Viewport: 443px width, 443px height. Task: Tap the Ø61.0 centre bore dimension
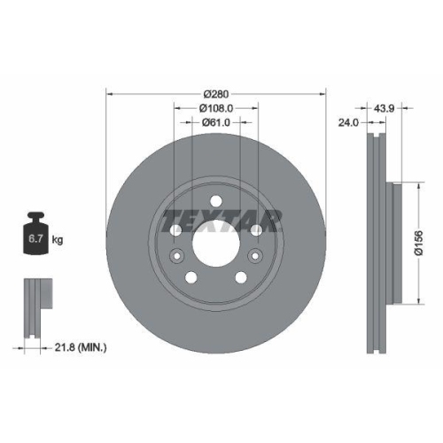[x=216, y=122]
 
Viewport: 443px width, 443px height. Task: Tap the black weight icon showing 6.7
[x=37, y=234]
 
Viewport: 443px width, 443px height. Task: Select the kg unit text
[x=58, y=239]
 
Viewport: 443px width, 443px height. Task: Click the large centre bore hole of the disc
[x=216, y=243]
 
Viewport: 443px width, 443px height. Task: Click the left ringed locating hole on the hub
[x=176, y=256]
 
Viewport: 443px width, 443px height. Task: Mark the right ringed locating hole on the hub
[x=256, y=256]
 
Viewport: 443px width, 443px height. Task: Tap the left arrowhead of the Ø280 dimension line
[x=109, y=94]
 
